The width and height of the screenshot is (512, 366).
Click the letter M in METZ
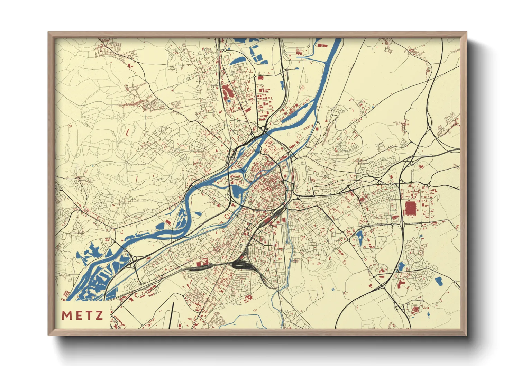pos(66,315)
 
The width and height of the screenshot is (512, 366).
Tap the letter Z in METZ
pos(99,315)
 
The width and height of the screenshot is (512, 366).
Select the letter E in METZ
pos(78,315)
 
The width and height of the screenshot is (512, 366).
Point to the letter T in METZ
pos(89,315)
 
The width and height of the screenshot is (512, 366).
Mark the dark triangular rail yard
pos(240,265)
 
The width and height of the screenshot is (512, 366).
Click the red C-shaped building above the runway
pos(136,295)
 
